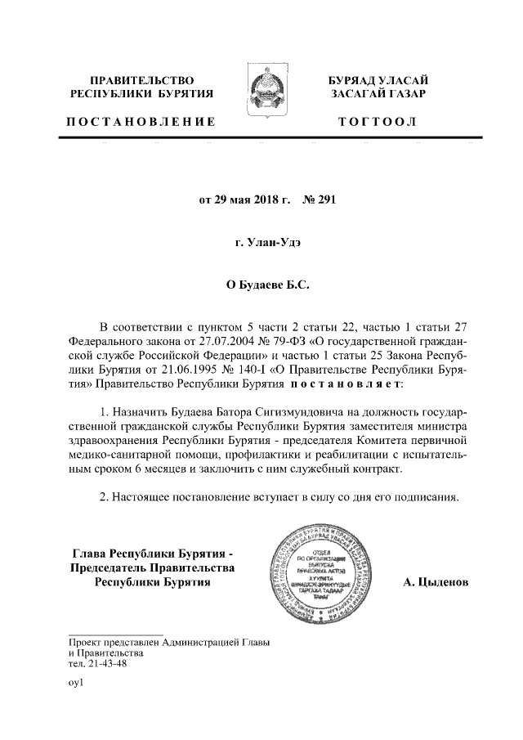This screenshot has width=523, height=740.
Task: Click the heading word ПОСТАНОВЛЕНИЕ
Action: [141, 122]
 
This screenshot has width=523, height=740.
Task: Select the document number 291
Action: [325, 199]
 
